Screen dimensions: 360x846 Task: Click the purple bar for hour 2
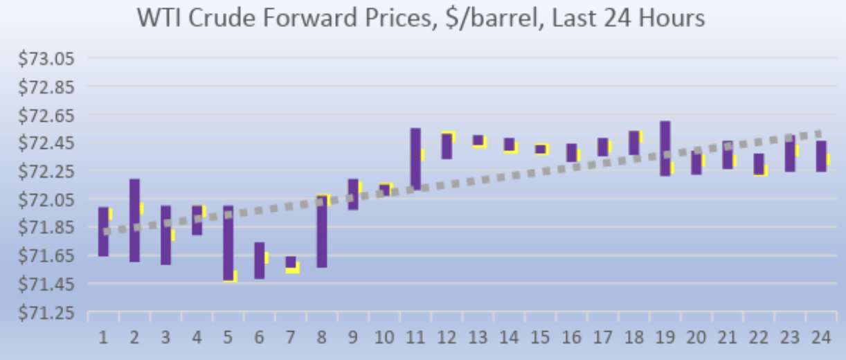(x=134, y=220)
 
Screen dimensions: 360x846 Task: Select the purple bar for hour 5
(x=228, y=242)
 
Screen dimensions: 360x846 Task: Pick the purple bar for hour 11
(x=415, y=158)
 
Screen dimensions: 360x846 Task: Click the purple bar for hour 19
(x=665, y=148)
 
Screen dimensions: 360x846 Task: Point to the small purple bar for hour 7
(x=291, y=262)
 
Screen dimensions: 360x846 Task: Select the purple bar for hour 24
(x=820, y=156)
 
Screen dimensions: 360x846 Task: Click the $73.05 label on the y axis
(x=46, y=59)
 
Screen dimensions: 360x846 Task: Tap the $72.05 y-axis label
(x=46, y=200)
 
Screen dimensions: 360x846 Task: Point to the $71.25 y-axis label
(x=46, y=313)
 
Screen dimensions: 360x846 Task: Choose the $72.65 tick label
(x=46, y=115)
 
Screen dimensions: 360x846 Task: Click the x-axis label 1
(x=103, y=339)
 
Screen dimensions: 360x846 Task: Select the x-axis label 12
(x=447, y=339)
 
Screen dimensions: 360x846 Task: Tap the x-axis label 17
(x=603, y=339)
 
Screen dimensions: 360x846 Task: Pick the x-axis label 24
(x=821, y=339)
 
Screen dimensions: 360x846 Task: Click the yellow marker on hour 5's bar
(x=232, y=276)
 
